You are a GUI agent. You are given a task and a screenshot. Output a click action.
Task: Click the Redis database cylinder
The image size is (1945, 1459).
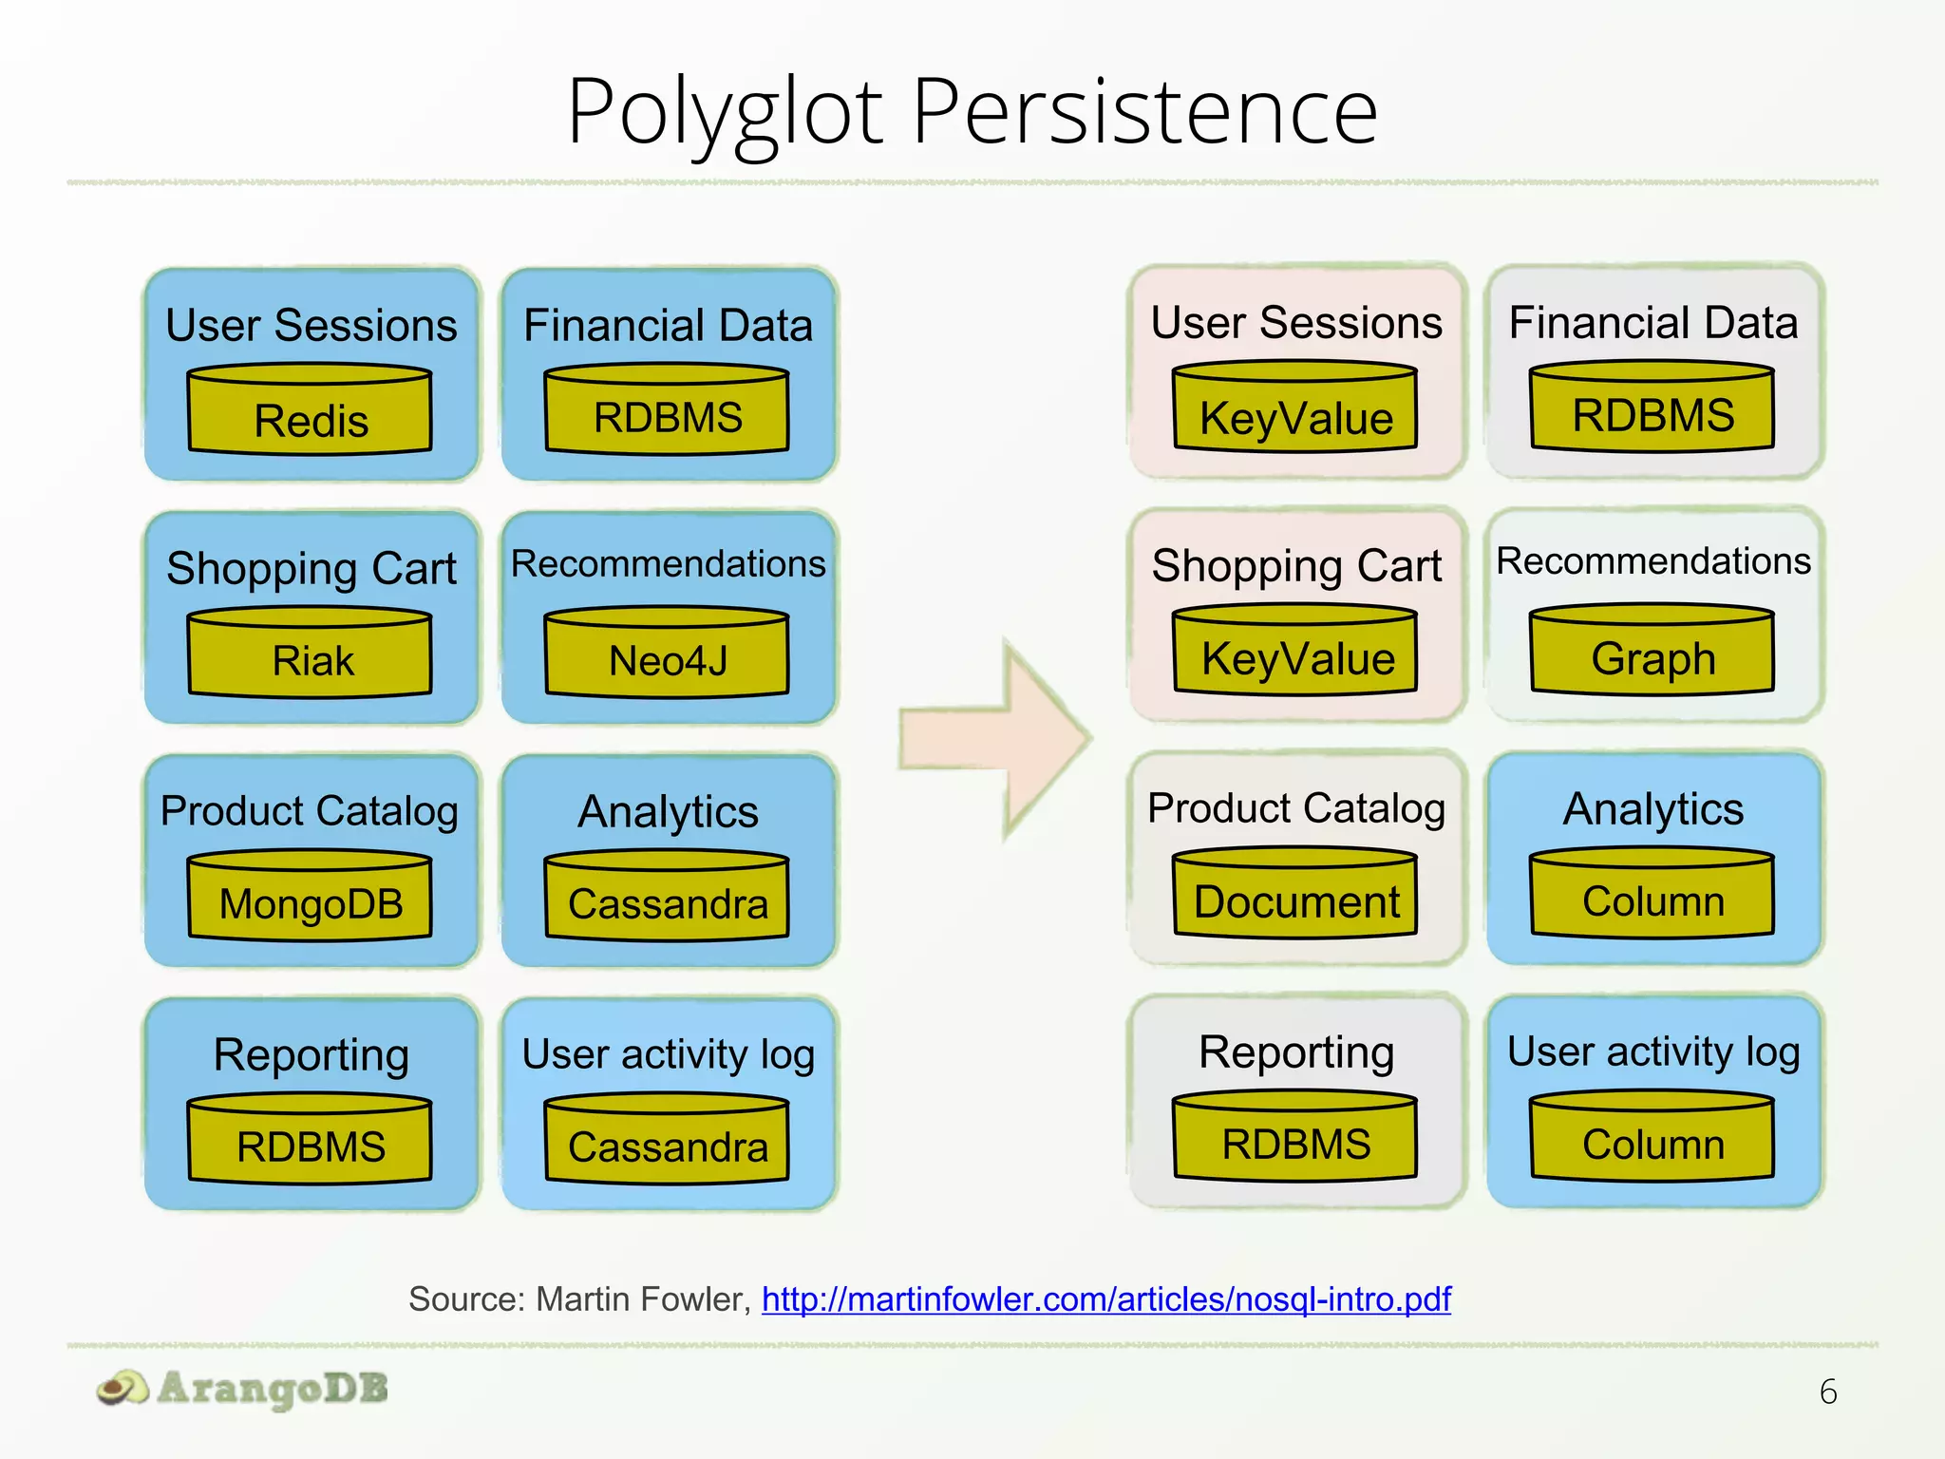(311, 410)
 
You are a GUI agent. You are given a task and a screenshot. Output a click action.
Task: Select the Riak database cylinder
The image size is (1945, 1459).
(311, 654)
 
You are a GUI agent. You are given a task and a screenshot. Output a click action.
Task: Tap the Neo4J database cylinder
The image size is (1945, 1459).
(668, 654)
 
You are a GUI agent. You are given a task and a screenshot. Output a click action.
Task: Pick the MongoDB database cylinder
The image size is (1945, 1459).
(311, 897)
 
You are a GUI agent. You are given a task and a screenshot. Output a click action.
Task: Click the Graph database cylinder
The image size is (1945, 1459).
(1652, 651)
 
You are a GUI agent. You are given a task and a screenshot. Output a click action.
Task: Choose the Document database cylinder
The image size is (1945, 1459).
(1295, 894)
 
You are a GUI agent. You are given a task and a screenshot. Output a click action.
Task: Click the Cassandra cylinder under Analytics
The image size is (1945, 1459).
(668, 897)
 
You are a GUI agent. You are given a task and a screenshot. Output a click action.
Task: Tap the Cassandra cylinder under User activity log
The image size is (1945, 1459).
(668, 1140)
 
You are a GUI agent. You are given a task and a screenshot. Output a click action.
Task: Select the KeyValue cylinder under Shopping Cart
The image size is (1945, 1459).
(1295, 651)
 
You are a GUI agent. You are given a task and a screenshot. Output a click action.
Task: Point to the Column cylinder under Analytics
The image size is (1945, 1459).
(1652, 894)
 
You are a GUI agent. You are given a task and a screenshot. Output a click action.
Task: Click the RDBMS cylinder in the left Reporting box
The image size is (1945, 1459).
(311, 1140)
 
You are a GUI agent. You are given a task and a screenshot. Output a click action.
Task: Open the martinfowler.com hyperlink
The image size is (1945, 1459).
(1106, 1298)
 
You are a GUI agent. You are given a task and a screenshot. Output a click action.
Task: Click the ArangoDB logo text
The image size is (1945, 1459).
(273, 1389)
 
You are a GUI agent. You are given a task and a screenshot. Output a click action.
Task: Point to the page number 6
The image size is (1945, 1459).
(1828, 1393)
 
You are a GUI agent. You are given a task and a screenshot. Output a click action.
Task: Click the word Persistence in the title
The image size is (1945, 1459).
(1145, 112)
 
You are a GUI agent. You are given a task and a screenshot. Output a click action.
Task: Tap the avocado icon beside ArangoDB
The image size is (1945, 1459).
(123, 1390)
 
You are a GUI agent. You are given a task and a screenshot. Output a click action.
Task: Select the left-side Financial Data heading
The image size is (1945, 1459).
(668, 325)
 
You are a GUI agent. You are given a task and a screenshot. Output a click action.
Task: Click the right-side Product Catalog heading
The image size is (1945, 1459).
(1295, 808)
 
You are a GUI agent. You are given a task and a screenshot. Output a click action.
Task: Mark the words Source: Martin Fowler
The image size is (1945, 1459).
(579, 1298)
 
